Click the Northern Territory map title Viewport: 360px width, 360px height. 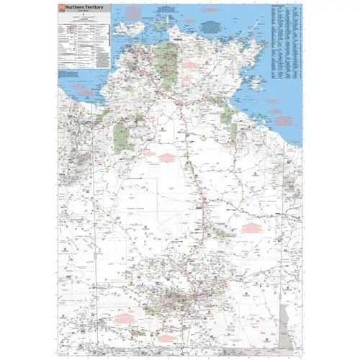(84, 6)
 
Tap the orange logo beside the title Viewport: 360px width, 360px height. (60, 7)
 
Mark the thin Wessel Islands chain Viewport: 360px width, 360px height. (249, 33)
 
